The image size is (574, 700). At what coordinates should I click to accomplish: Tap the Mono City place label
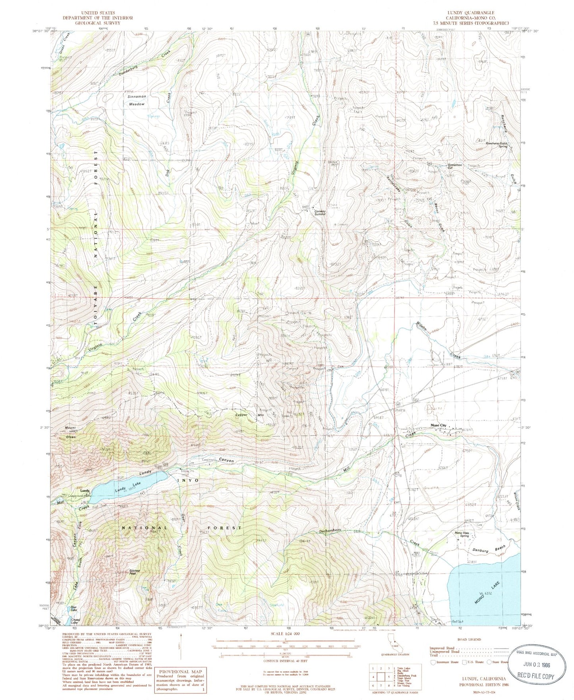point(439,425)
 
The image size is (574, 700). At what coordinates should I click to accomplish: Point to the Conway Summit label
point(320,212)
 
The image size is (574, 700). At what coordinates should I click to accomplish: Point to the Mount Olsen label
point(71,432)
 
